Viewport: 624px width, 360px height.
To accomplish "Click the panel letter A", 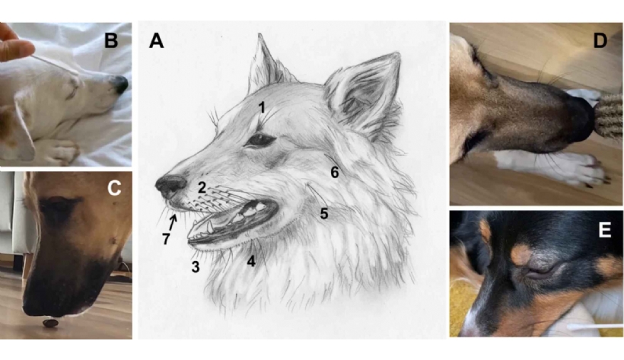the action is [157, 40].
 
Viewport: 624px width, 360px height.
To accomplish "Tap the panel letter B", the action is [111, 40].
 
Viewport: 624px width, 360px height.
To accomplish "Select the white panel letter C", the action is [114, 188].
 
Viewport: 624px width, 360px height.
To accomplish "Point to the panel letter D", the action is [600, 40].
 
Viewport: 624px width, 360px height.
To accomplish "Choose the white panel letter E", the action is [604, 230].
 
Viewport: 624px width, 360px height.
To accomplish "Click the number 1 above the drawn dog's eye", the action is [262, 107].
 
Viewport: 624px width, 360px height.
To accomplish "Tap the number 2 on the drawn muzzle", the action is [202, 187].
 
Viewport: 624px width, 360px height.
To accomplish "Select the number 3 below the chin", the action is [195, 267].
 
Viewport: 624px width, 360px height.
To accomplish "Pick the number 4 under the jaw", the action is [250, 261].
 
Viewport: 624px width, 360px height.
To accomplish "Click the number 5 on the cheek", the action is [324, 214].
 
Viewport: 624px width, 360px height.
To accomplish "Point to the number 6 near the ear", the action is [335, 172].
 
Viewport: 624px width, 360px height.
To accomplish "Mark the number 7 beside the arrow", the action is [166, 239].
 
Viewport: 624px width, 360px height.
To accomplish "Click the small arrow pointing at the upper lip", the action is [172, 222].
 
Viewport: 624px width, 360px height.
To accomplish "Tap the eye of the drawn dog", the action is [259, 140].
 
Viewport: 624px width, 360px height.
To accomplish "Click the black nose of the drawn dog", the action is [170, 185].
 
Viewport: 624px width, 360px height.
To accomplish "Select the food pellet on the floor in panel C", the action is [50, 323].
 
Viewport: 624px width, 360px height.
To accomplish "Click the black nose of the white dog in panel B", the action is [120, 84].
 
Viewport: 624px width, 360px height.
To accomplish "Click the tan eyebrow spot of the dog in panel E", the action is [521, 255].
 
